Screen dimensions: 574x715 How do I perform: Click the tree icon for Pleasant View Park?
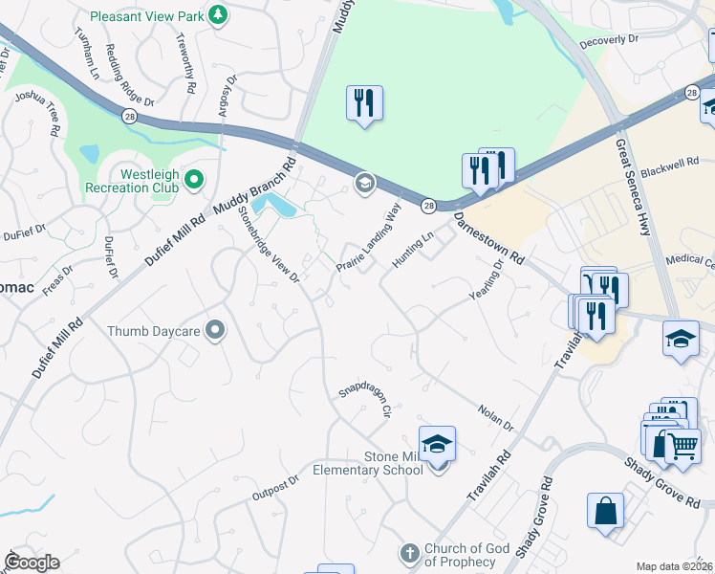pos(219,14)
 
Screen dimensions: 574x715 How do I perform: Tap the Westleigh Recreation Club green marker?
pos(194,179)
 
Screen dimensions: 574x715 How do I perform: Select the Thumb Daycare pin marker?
pos(216,331)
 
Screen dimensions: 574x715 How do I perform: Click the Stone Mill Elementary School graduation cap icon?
pos(437,445)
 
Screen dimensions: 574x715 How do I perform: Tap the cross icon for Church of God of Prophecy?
pos(409,554)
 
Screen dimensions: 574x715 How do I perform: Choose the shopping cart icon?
pos(682,445)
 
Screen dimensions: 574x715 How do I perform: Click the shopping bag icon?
pos(605,511)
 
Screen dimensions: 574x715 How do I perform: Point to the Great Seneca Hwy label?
pos(635,177)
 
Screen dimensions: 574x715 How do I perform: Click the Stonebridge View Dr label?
pos(269,244)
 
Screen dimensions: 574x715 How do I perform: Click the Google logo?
pos(32,563)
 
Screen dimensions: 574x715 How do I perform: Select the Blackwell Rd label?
pos(670,165)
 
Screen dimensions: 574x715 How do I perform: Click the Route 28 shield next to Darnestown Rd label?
pos(428,206)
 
